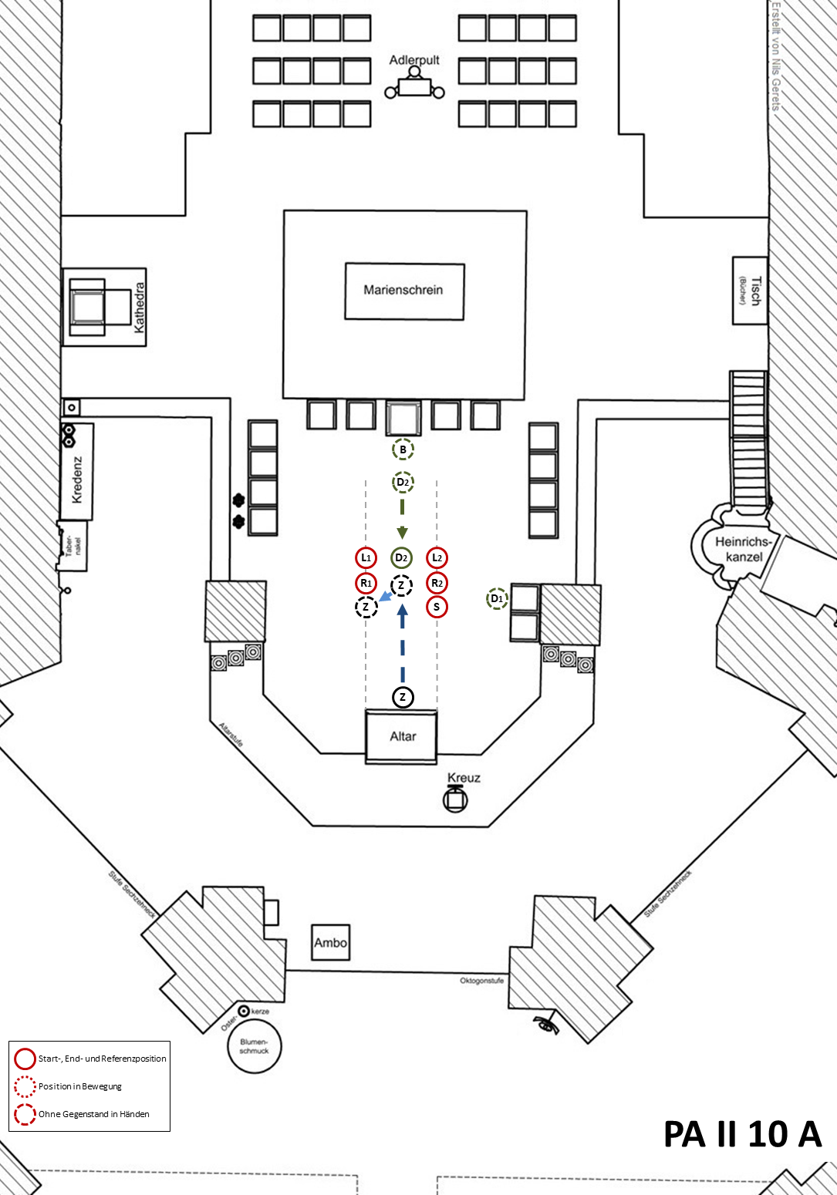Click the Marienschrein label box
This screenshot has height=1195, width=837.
(x=405, y=291)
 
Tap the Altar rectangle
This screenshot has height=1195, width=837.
(x=401, y=736)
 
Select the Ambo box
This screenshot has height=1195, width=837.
(x=331, y=943)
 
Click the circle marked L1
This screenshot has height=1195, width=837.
(x=366, y=558)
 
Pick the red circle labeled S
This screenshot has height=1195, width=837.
(x=437, y=607)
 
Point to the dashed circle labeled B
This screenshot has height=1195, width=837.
(x=403, y=449)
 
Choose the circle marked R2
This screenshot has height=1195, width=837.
(x=437, y=583)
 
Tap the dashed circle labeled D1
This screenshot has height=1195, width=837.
(x=497, y=598)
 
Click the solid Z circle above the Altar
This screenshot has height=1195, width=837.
(x=403, y=697)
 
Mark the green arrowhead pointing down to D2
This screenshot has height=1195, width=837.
(x=403, y=533)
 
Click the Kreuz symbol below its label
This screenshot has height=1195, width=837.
(x=455, y=799)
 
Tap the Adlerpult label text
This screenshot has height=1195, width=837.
(x=414, y=60)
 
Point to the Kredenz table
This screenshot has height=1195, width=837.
(x=77, y=472)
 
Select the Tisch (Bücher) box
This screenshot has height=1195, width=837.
(x=750, y=291)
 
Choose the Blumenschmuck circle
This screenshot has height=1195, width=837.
(x=255, y=1045)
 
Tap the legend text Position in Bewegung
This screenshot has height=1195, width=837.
(x=80, y=1087)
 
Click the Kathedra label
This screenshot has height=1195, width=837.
(x=139, y=308)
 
